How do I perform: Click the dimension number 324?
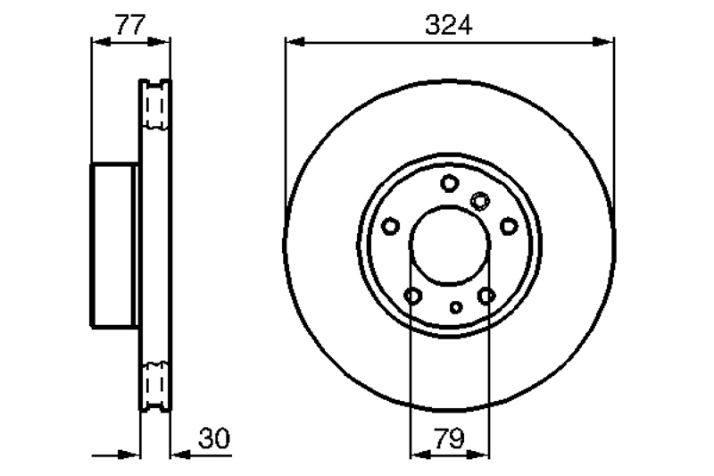pyautogui.click(x=449, y=25)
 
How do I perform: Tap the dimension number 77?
pyautogui.click(x=130, y=25)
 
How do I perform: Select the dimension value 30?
pyautogui.click(x=214, y=438)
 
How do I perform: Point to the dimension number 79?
pyautogui.click(x=449, y=438)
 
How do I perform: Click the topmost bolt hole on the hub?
pyautogui.click(x=450, y=183)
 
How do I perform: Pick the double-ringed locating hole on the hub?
pyautogui.click(x=480, y=201)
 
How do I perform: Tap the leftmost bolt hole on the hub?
pyautogui.click(x=390, y=226)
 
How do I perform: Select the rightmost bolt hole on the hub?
pyautogui.click(x=509, y=226)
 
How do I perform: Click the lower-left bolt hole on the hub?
pyautogui.click(x=412, y=296)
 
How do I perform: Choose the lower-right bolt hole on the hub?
pyautogui.click(x=486, y=296)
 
